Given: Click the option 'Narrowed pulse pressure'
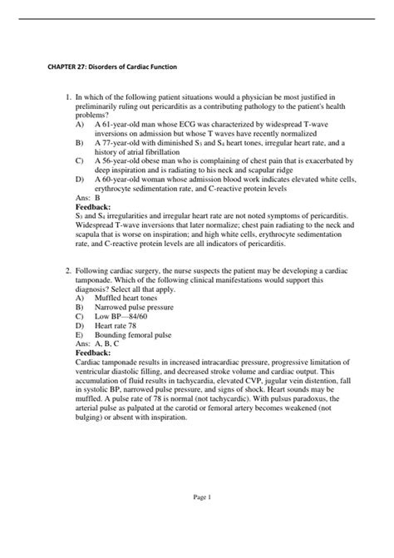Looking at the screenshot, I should [x=141, y=307].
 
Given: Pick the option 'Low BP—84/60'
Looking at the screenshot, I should [x=126, y=316].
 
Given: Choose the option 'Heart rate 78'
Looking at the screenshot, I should [x=123, y=325].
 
